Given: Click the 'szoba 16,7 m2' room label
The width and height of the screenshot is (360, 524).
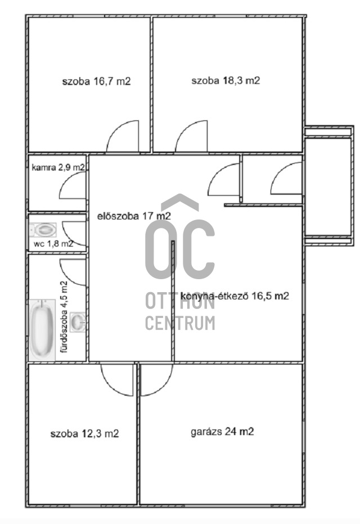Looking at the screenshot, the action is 96,81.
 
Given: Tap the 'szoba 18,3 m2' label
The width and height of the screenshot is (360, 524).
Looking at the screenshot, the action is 226,80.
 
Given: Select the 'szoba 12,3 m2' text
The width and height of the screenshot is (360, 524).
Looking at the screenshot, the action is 84,434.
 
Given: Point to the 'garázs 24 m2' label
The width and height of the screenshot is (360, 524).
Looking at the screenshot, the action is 222,432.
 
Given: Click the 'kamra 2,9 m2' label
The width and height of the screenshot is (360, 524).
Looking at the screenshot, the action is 58,167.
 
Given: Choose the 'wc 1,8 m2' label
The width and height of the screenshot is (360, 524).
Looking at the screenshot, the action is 53,244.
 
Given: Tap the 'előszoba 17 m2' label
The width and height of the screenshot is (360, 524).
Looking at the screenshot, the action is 134,216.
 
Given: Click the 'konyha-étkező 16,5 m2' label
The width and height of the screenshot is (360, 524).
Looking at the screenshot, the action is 235,296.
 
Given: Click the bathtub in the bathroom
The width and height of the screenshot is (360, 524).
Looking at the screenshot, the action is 42,330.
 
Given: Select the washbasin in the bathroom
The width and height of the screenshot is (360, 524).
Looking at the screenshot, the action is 78,322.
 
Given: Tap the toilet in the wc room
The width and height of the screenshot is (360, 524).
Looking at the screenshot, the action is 43,230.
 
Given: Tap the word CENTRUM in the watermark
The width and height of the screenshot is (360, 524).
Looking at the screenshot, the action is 180,323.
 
